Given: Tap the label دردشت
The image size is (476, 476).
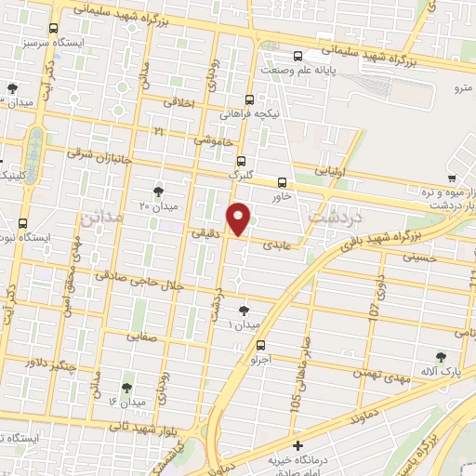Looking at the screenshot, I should coord(336,216).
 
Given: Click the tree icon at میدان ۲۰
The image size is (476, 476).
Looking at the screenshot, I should coord(157,191).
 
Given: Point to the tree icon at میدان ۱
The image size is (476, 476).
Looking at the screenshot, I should coord(245,310).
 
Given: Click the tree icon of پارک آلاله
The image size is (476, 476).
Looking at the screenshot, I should coord(441,355).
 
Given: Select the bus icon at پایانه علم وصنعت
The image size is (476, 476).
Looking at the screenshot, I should coord(297,56).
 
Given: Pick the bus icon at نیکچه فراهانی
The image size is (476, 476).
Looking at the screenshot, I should coord(249,99).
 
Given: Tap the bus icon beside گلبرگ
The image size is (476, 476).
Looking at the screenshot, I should coord(241,160).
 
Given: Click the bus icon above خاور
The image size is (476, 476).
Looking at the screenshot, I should coord(282,181).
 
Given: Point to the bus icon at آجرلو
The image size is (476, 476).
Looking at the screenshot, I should coord(259,344).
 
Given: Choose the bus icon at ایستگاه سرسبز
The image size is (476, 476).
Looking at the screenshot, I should coord(54,30).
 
